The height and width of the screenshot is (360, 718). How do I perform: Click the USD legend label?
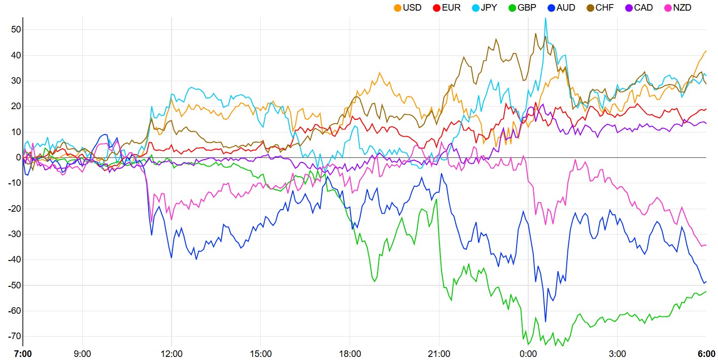(412, 8)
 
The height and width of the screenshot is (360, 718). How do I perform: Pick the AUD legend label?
(566, 8)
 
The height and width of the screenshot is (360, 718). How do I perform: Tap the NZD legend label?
(681, 8)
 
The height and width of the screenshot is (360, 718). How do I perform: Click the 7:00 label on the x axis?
(23, 353)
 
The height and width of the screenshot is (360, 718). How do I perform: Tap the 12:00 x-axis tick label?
(172, 353)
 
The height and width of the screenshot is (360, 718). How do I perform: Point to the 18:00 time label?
(350, 353)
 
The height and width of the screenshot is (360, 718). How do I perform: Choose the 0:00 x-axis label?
(528, 353)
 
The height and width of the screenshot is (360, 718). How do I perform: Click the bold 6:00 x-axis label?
(706, 353)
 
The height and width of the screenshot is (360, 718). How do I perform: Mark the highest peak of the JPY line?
(545, 18)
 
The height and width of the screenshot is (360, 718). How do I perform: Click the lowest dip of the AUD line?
(545, 321)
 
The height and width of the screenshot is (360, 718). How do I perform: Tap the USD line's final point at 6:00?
(706, 51)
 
